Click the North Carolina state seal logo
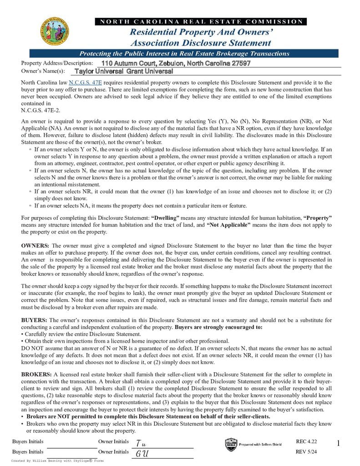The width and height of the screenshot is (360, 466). (x=55, y=31)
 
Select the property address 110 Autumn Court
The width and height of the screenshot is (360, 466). (x=176, y=63)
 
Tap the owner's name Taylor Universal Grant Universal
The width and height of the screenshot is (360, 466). (x=123, y=71)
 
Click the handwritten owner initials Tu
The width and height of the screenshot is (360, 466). (x=141, y=443)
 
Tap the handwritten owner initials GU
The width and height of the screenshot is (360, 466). (x=142, y=453)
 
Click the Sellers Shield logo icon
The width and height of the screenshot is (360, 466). (x=230, y=444)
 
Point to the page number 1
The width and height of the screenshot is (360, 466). (x=338, y=443)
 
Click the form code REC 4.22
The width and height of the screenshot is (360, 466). (x=306, y=441)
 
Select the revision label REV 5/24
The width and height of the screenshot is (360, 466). (x=306, y=451)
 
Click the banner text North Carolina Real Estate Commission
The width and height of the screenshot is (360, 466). (x=201, y=21)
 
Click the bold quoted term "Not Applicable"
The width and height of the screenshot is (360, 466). (x=228, y=225)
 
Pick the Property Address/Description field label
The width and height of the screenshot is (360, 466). (x=57, y=63)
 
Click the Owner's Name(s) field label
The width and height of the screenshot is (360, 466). (x=43, y=71)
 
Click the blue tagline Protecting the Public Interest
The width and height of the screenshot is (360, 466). (x=184, y=54)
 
